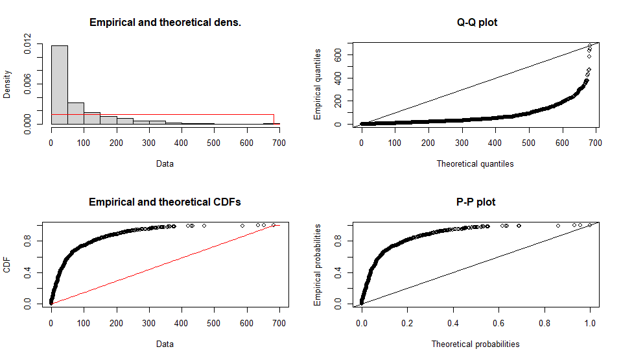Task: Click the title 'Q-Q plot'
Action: point(477,23)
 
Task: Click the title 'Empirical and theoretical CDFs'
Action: point(165,202)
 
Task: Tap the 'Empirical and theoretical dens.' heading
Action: point(165,23)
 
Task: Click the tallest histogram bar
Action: point(59,84)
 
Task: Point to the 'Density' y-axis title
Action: point(8,84)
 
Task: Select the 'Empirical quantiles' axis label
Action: point(318,84)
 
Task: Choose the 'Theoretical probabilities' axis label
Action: point(475,344)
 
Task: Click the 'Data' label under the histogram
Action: point(165,164)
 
